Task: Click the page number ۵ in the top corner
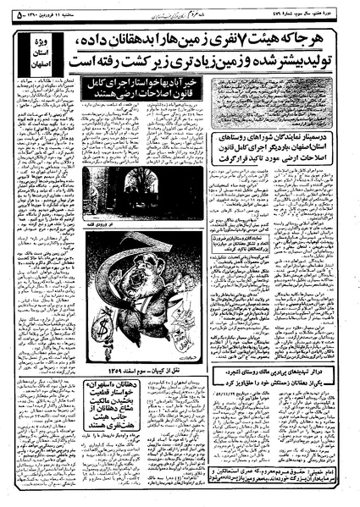click(x=17, y=8)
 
